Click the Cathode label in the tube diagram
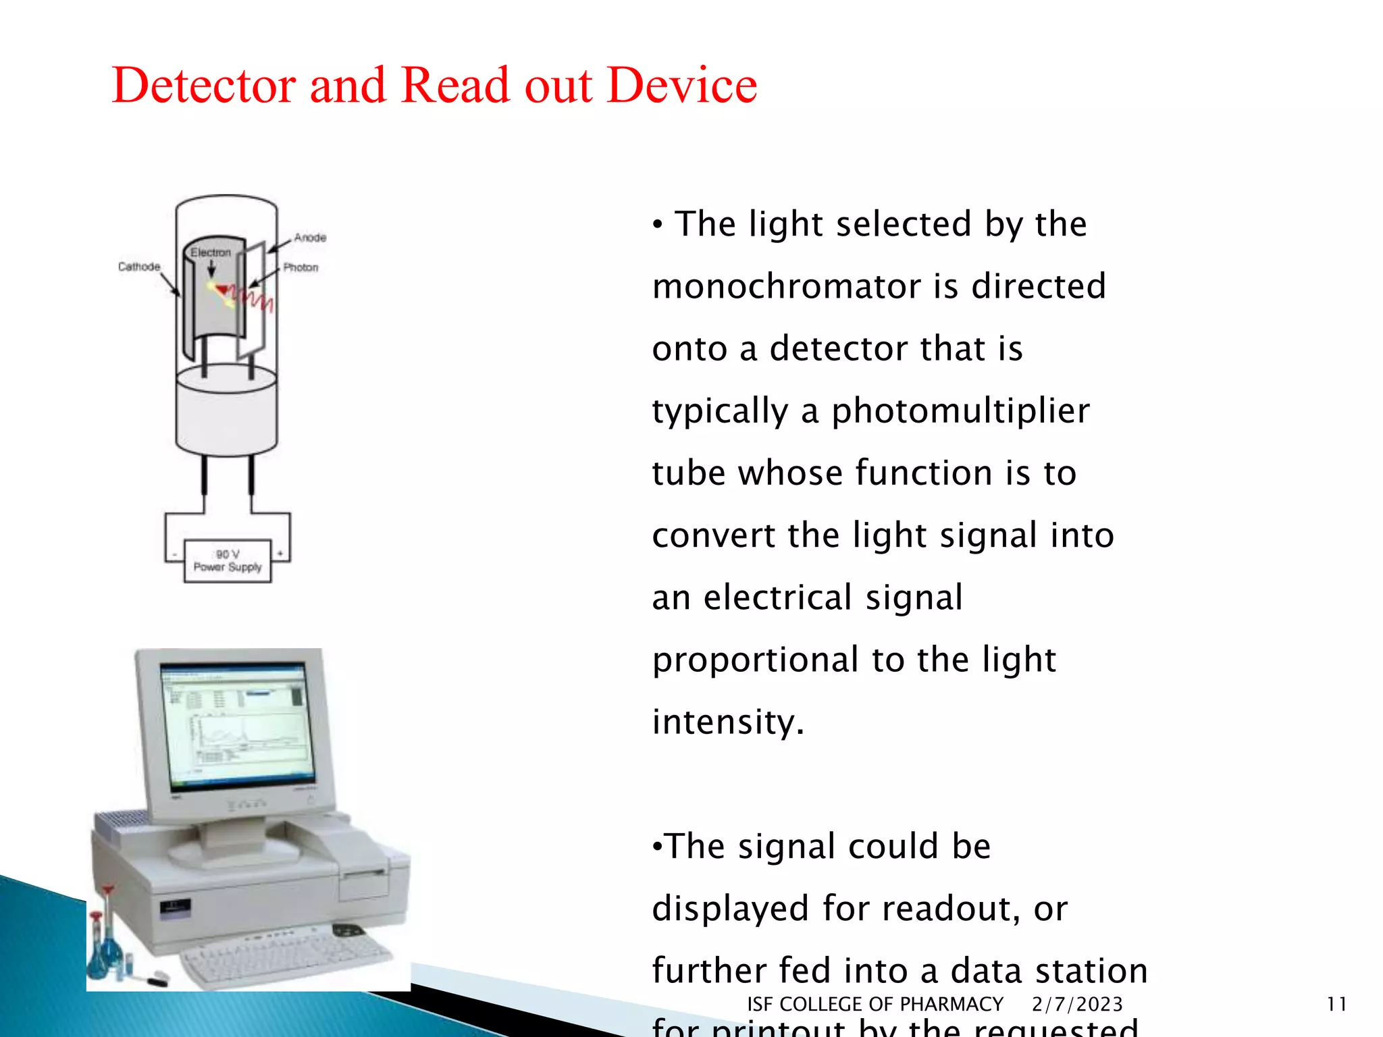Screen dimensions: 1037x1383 (139, 267)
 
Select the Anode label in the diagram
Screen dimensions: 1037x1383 (310, 238)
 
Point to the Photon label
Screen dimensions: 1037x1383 (301, 267)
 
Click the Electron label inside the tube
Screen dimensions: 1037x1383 (211, 252)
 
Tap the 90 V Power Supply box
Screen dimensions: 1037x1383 (228, 561)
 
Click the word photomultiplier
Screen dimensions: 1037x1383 (960, 411)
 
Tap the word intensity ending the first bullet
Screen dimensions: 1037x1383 (727, 722)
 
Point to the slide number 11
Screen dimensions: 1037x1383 (1336, 1004)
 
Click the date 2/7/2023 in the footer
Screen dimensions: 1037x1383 (1077, 1004)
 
